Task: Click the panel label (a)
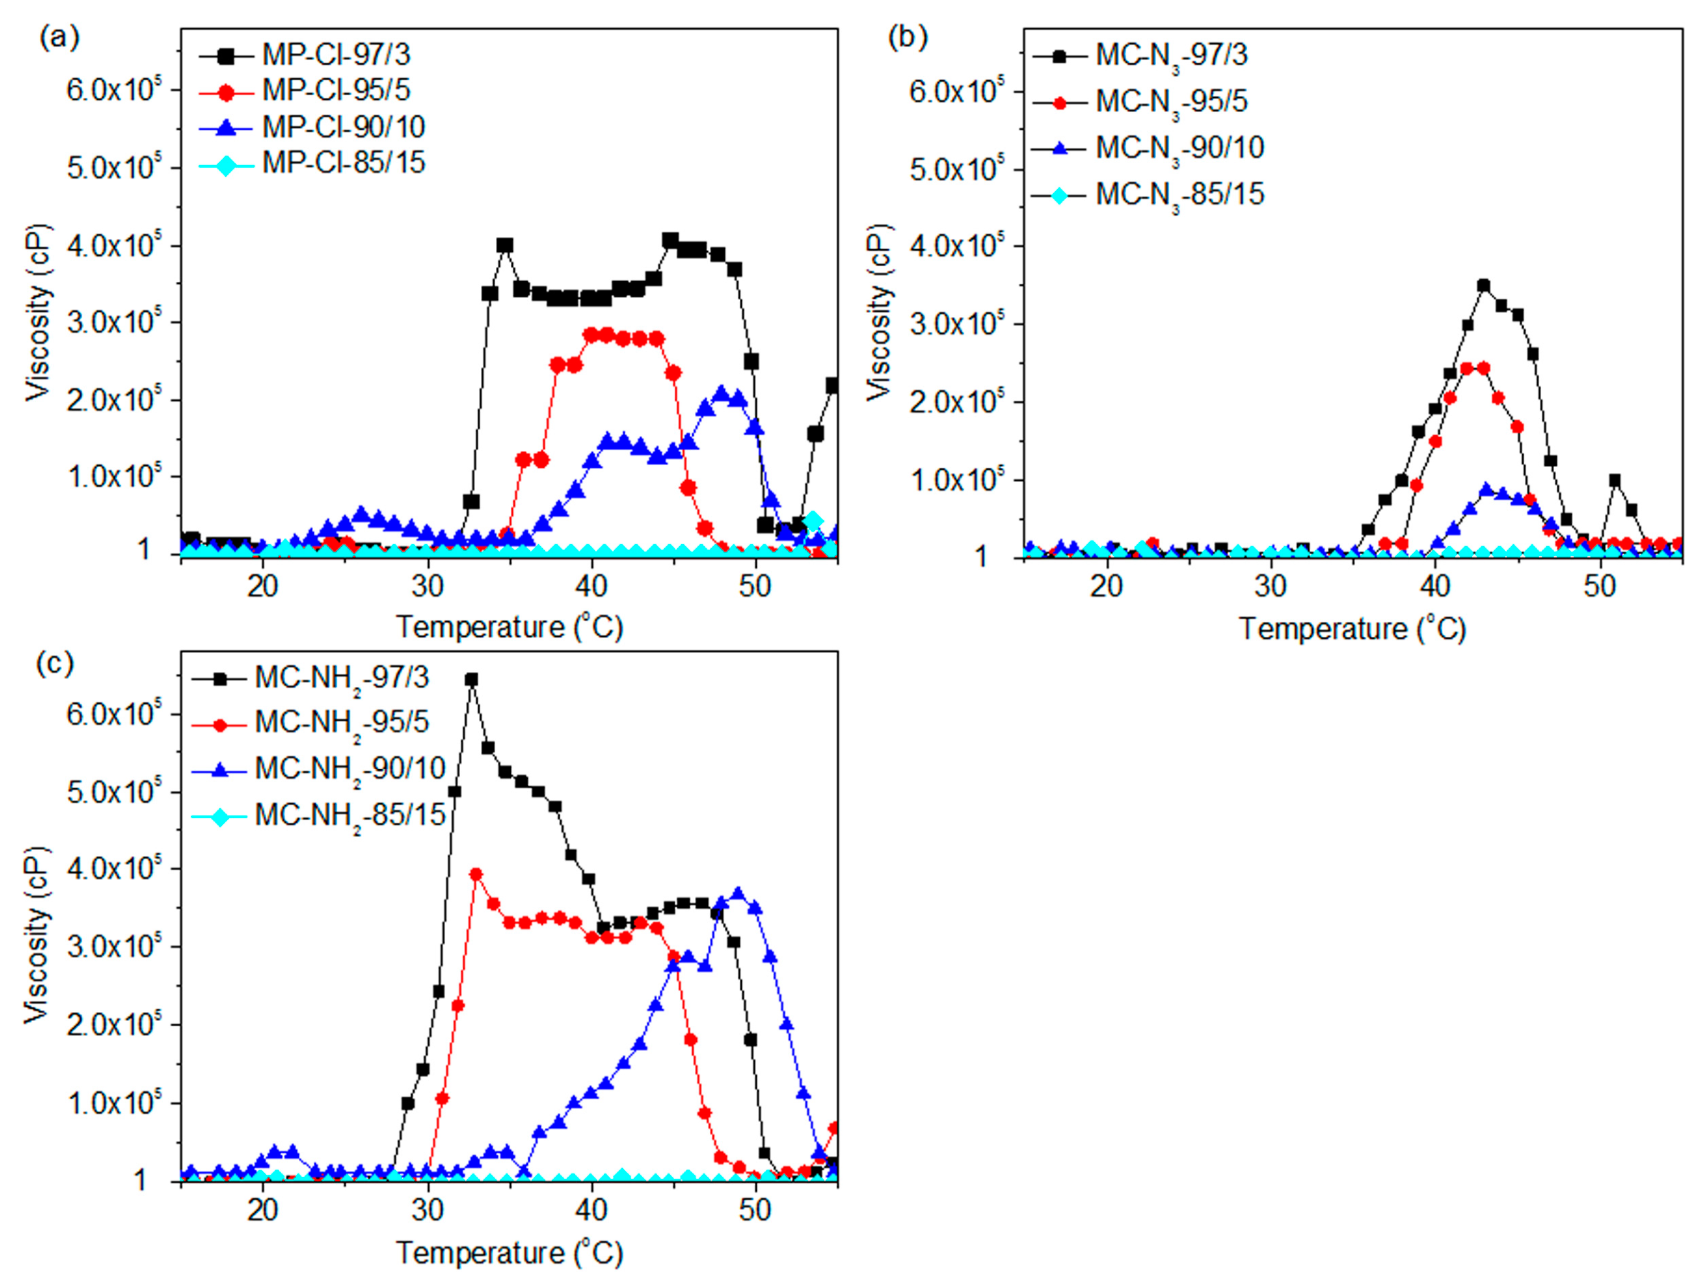point(59,37)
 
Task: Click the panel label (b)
point(907,37)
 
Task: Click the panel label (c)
point(55,663)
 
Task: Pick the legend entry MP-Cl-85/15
point(343,163)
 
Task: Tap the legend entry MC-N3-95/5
point(1171,101)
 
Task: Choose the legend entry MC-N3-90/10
point(1179,147)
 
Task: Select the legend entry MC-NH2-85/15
point(350,815)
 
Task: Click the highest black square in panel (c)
point(472,679)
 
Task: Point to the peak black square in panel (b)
point(1483,286)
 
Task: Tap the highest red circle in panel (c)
point(476,874)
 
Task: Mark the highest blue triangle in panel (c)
point(738,893)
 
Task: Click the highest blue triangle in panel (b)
point(1486,489)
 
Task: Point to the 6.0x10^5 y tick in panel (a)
point(113,90)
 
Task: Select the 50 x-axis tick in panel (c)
point(754,1211)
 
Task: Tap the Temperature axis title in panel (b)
point(1352,629)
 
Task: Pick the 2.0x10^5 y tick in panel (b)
point(957,402)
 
